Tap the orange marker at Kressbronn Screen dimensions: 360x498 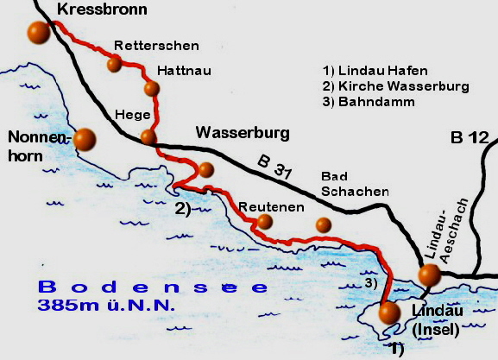(x=38, y=33)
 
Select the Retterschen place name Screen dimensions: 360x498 (x=156, y=45)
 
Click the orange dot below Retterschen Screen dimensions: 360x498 (x=113, y=63)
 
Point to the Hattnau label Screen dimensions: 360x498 (x=184, y=69)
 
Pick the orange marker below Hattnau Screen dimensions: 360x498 (x=152, y=88)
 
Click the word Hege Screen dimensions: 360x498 (x=133, y=115)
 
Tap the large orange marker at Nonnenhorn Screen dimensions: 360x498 (x=85, y=138)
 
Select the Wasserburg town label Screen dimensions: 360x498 (x=243, y=133)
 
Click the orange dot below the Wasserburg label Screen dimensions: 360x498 (x=205, y=169)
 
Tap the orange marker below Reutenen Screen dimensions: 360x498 (x=264, y=223)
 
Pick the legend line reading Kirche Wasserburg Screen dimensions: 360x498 (x=394, y=86)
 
